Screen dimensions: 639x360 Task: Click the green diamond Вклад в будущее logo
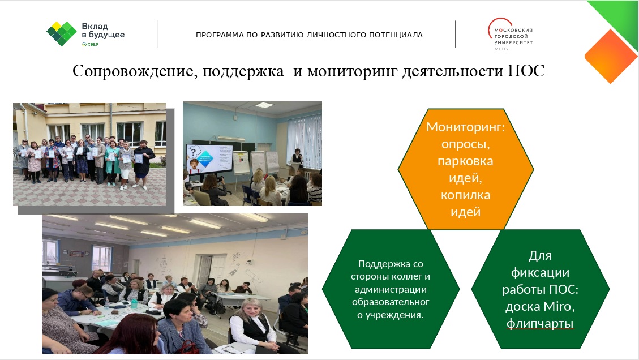click(x=62, y=33)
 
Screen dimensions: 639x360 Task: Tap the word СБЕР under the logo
click(x=92, y=45)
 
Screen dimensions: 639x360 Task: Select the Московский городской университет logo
click(x=510, y=35)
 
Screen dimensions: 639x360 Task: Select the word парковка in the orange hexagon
click(x=465, y=161)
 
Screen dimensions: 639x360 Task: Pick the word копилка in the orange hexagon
click(x=465, y=195)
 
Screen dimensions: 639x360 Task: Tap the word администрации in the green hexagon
click(x=391, y=289)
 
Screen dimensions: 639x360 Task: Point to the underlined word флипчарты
click(x=540, y=324)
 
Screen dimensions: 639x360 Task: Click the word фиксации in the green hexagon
click(x=540, y=272)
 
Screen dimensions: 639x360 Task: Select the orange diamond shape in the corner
click(x=611, y=56)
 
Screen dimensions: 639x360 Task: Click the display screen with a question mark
click(x=209, y=158)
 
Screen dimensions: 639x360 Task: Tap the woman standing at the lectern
click(x=298, y=156)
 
